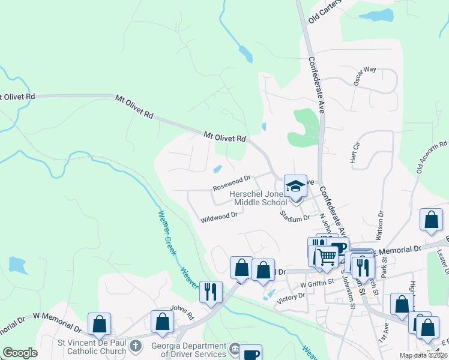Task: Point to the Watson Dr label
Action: (380, 222)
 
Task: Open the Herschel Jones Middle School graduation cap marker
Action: (295, 187)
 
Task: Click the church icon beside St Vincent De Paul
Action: (136, 346)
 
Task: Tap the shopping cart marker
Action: (327, 257)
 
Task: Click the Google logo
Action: (20, 353)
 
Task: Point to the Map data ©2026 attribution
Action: (423, 355)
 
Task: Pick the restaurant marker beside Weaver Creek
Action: (210, 292)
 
